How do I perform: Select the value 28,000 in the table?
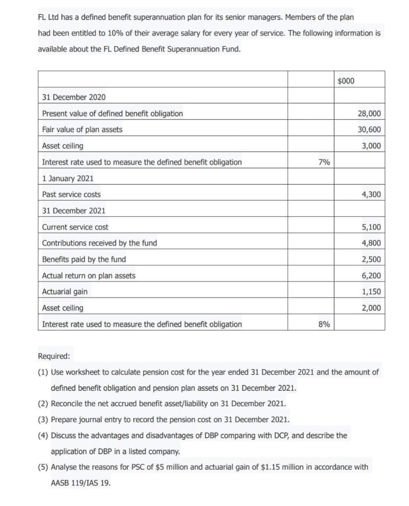[x=369, y=114]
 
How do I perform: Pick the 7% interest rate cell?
[x=325, y=162]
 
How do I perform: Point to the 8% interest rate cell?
[x=325, y=324]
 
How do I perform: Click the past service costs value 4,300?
[x=371, y=195]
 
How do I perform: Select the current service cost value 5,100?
[x=371, y=227]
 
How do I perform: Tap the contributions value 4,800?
[x=371, y=243]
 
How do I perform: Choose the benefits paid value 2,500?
[x=371, y=259]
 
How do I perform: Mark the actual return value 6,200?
[x=371, y=276]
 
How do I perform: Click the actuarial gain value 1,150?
[x=371, y=292]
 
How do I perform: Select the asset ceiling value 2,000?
[x=371, y=308]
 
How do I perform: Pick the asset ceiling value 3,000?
[x=371, y=146]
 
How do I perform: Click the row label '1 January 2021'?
[x=68, y=178]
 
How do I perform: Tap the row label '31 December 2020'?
[x=74, y=97]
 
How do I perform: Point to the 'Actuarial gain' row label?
[x=65, y=292]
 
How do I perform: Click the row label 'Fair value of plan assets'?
[x=82, y=130]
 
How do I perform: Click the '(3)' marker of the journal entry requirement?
[x=43, y=420]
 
